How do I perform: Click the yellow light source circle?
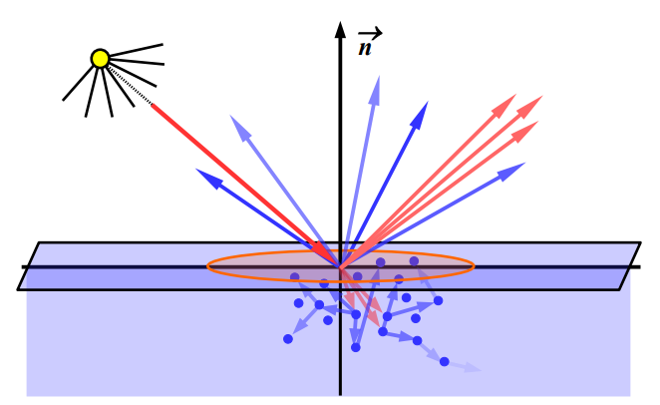(100, 58)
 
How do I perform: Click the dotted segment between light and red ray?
(135, 90)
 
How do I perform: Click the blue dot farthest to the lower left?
(288, 339)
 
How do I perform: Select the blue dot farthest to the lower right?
(445, 361)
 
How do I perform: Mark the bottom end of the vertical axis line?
(340, 394)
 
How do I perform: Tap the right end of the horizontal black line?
(637, 266)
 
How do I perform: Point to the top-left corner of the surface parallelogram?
(39, 242)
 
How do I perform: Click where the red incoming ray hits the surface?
(339, 266)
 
